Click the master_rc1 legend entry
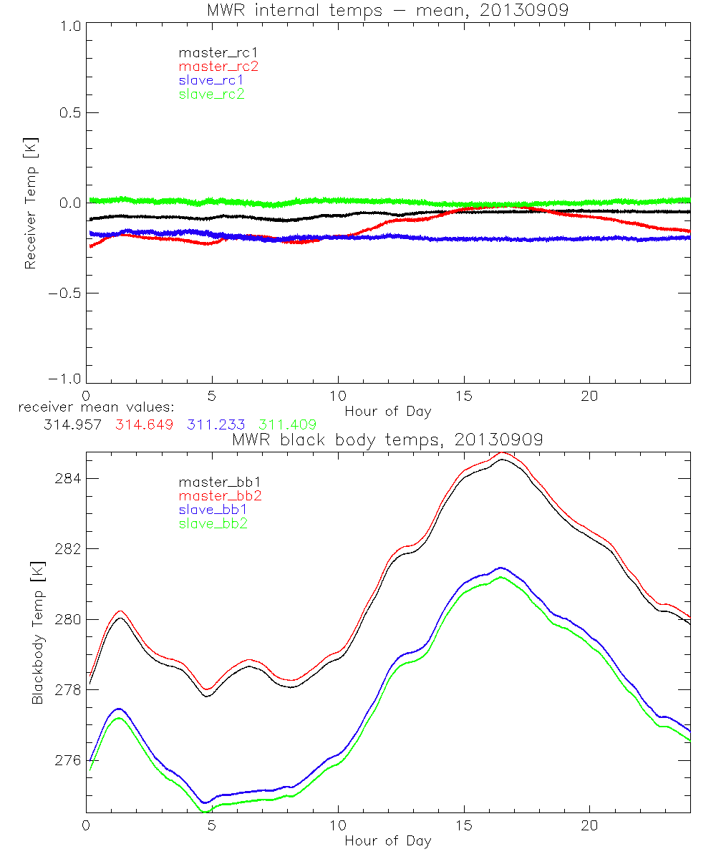coord(211,52)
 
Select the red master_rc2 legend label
coord(218,66)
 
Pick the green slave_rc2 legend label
coord(211,94)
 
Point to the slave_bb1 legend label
coord(212,510)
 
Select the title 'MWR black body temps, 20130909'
coord(387,440)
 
